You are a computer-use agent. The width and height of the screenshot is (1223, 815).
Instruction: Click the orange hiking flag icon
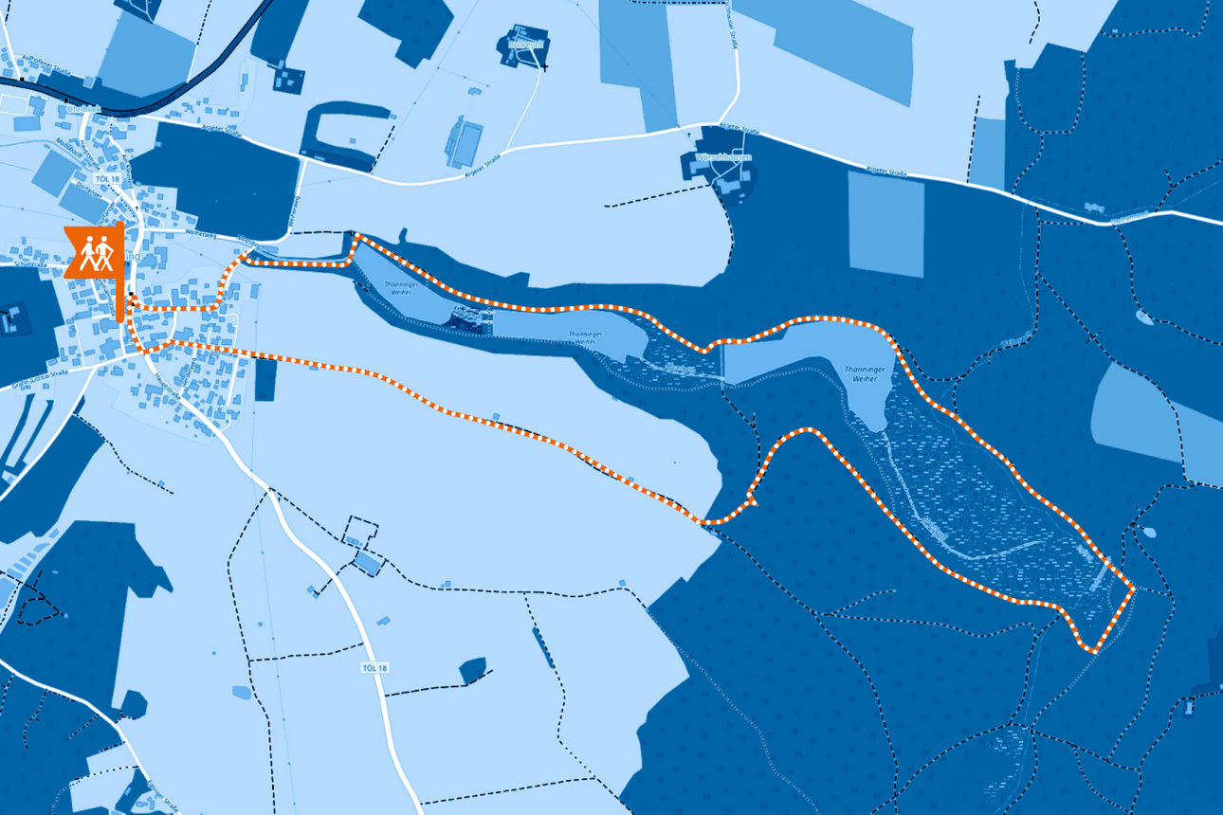(x=94, y=252)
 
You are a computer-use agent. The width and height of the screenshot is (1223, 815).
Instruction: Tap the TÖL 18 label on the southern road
(x=375, y=668)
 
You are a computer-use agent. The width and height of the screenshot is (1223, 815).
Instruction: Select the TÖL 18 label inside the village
(x=108, y=179)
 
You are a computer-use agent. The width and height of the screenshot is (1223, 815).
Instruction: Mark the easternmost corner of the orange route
(x=1133, y=589)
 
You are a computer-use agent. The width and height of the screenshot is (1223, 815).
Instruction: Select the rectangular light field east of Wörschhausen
(x=885, y=225)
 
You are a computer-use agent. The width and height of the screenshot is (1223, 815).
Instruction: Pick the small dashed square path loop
(x=361, y=528)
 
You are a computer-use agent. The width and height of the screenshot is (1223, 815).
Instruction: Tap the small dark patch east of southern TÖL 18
(x=472, y=670)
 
